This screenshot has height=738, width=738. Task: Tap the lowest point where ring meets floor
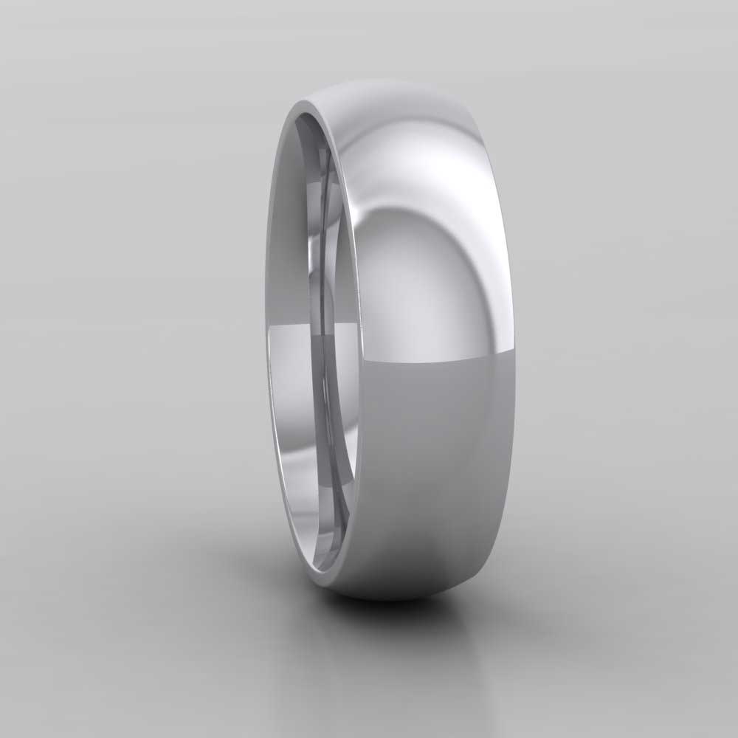[391, 599]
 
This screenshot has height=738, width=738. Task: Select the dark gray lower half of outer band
[435, 458]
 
